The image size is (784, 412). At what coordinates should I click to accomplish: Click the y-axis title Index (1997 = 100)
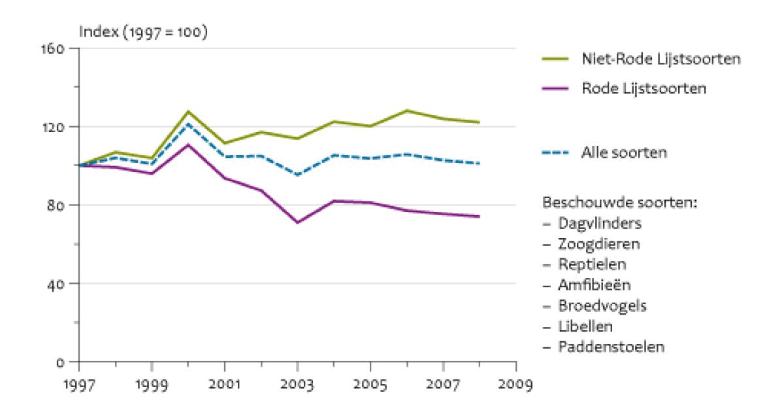point(142,31)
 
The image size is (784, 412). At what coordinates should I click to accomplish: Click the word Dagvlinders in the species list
point(599,223)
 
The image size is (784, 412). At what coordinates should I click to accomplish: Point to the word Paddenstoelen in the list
point(611,347)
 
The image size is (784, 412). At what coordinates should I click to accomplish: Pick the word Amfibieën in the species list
point(595,284)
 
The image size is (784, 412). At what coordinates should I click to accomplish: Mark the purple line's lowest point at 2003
point(297,223)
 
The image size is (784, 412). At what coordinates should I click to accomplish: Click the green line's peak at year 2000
point(188,111)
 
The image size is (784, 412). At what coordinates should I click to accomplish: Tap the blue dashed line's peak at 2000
point(188,124)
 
